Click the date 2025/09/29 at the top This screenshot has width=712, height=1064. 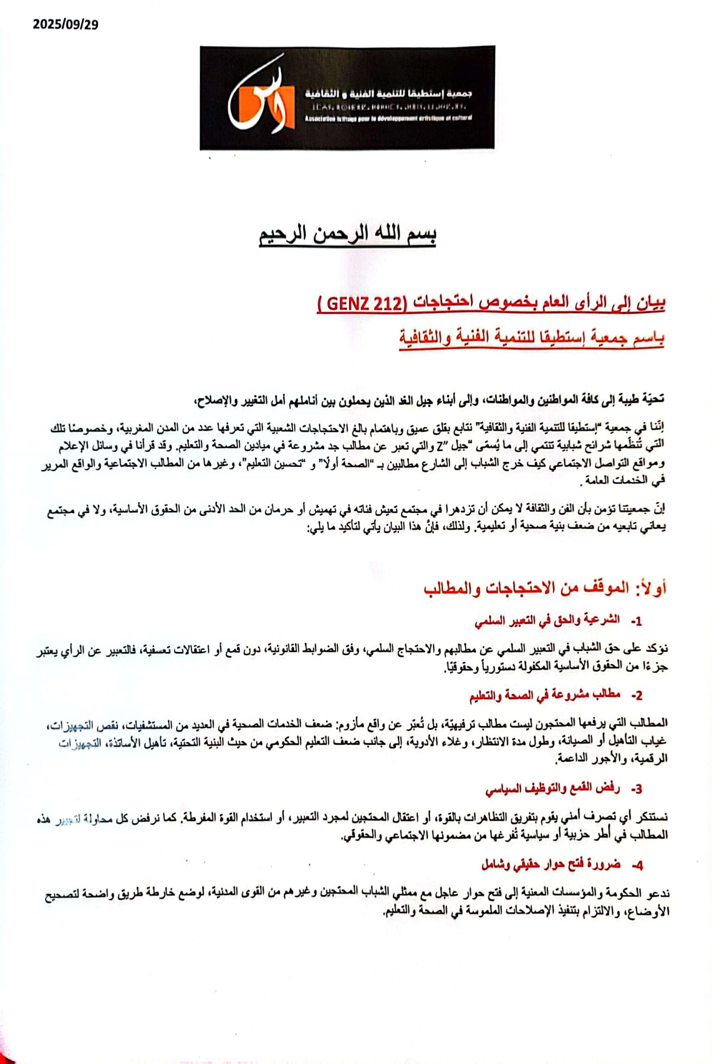[65, 24]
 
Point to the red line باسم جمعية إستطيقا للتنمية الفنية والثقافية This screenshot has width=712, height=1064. [531, 338]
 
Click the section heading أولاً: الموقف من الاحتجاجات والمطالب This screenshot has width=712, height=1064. [545, 589]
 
